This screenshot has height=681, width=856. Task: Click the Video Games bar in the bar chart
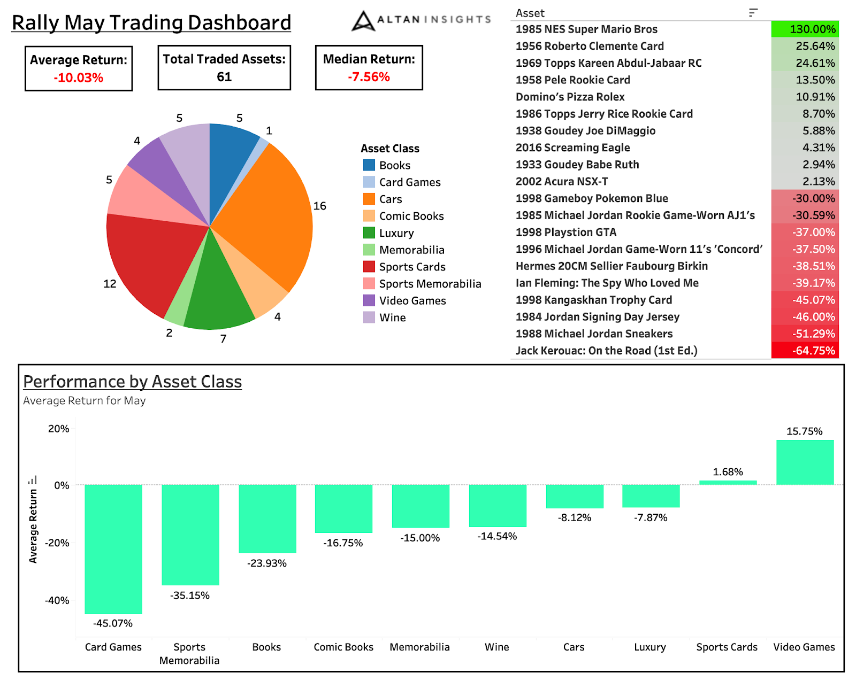pos(805,462)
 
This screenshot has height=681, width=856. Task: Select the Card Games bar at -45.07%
pos(113,549)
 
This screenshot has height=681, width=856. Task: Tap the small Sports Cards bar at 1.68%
pos(728,483)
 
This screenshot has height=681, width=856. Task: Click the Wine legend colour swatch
pos(369,318)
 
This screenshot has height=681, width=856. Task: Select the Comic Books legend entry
pos(411,216)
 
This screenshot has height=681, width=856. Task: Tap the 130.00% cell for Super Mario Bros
pos(805,29)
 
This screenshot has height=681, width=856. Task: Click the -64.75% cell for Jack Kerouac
pos(805,351)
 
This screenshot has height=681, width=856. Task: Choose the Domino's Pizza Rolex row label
pos(570,97)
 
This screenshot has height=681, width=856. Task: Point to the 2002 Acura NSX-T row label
pos(562,182)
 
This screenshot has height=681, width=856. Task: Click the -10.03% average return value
pos(79,78)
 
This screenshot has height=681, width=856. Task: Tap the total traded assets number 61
pos(224,77)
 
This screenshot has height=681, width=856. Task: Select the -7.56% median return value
pos(369,77)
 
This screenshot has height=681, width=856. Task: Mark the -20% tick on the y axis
pos(57,543)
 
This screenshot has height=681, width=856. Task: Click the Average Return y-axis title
pos(33,526)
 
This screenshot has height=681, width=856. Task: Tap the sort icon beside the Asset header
pos(753,13)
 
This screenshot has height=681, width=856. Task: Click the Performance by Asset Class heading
pos(133,382)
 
